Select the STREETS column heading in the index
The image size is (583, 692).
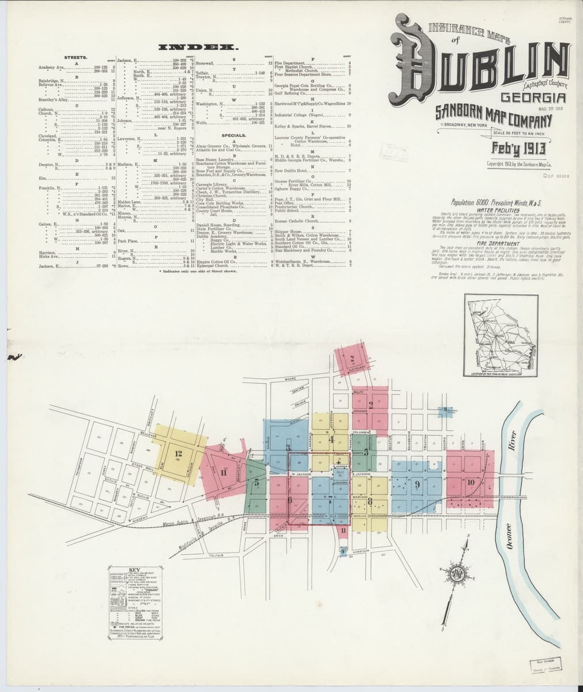coord(76,58)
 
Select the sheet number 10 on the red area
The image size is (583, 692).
coord(471,482)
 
